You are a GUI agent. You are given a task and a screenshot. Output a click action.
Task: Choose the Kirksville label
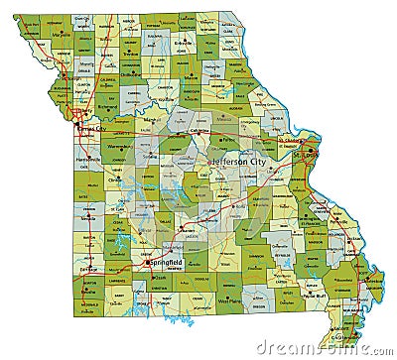tap(186, 44)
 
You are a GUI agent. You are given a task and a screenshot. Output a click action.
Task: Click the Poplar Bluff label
tap(316, 295)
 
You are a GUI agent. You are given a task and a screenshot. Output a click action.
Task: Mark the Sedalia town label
tap(149, 157)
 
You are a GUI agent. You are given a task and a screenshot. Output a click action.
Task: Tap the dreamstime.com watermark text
tap(324, 346)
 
